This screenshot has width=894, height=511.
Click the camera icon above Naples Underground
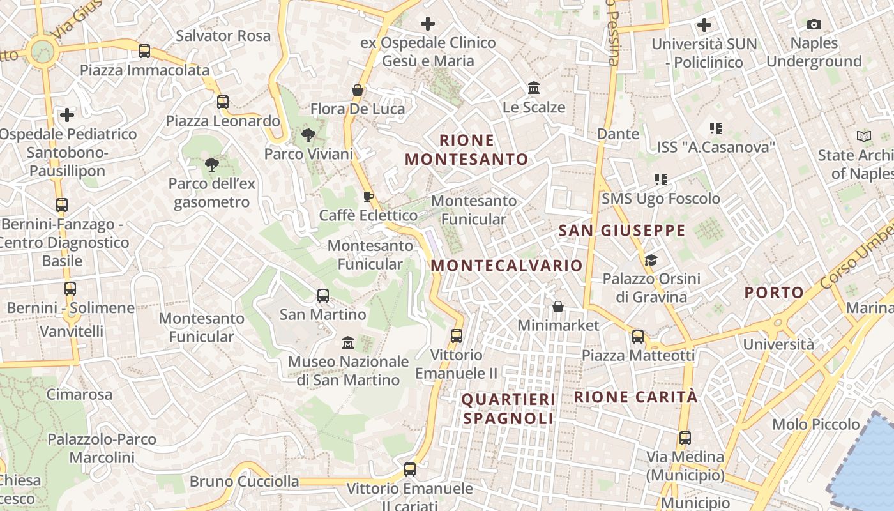tap(814, 25)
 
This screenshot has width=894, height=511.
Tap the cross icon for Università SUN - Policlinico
tap(704, 25)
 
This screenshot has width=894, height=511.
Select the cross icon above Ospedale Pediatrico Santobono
tap(67, 115)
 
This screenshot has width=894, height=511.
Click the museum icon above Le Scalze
tap(534, 88)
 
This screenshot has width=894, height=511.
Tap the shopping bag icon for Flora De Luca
tap(358, 90)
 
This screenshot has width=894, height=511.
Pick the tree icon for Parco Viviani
tap(308, 135)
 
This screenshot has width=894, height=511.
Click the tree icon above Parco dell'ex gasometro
tap(211, 165)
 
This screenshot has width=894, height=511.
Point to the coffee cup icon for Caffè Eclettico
tap(368, 197)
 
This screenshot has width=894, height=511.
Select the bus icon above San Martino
tap(323, 295)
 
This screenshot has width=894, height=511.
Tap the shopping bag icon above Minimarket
tap(558, 307)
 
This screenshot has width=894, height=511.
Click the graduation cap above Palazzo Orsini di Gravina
tap(651, 260)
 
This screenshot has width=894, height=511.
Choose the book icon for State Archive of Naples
tap(864, 136)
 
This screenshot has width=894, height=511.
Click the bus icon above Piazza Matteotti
tap(638, 337)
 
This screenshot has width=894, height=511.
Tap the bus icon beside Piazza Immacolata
tap(144, 50)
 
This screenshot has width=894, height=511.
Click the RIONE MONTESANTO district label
tap(467, 150)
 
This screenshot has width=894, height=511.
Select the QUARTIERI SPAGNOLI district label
tap(508, 409)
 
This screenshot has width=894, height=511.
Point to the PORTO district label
tap(775, 293)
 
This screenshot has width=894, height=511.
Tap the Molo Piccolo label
tap(816, 424)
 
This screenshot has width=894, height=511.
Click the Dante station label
tap(618, 133)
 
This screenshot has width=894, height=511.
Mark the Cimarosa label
tap(79, 394)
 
